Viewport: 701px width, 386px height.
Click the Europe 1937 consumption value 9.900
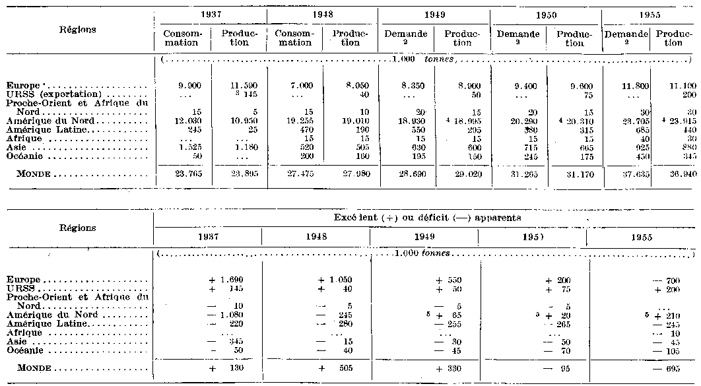click(181, 86)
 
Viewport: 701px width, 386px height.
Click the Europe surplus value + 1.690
click(229, 280)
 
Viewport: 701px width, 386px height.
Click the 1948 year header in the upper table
click(322, 14)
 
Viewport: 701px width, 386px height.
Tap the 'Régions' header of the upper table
click(77, 30)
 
